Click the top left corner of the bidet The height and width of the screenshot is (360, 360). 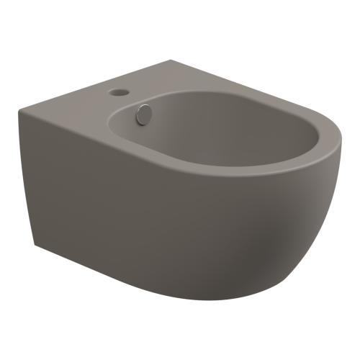(19, 109)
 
